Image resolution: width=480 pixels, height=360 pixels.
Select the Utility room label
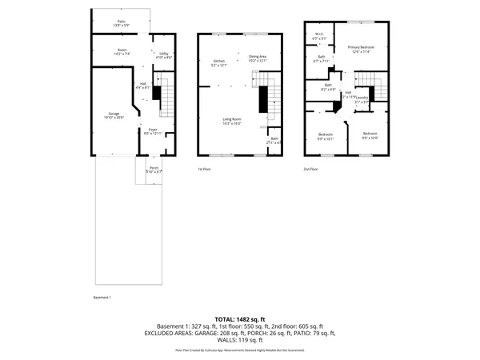pos(163,54)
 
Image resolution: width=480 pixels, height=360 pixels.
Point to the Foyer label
pos(152,130)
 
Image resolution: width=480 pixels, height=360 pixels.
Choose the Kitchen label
pos(218,62)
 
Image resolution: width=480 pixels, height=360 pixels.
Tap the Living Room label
pos(232,121)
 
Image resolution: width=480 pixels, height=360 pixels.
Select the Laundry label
pos(362,100)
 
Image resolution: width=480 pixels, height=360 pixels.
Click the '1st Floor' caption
pos(204,170)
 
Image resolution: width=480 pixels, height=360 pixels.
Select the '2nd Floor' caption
pos(310,170)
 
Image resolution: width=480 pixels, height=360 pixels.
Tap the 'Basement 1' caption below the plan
pos(102,298)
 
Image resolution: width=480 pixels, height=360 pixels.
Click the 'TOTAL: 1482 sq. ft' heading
pos(239,318)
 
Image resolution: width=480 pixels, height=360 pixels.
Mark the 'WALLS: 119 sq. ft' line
pos(240,339)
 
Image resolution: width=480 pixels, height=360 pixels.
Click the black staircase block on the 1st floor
pos(262,99)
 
